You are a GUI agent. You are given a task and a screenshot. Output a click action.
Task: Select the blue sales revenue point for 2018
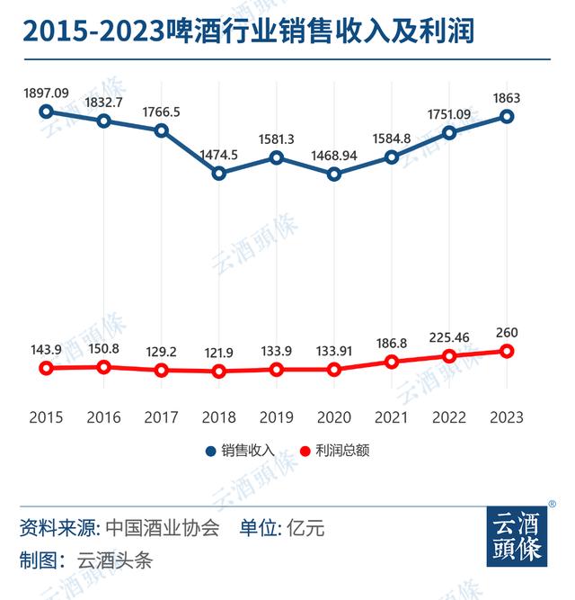click(219, 173)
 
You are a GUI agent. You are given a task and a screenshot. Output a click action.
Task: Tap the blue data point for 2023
click(507, 116)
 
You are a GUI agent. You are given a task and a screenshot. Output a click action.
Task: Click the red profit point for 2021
click(392, 362)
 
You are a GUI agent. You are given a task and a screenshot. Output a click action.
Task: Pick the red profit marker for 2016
click(104, 366)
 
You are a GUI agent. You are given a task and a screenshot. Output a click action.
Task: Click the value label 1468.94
click(334, 155)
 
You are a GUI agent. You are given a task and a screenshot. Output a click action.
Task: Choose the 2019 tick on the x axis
click(277, 417)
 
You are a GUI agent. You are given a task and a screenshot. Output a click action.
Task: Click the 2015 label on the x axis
click(47, 417)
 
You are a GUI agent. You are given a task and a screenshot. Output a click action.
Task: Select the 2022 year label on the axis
click(449, 417)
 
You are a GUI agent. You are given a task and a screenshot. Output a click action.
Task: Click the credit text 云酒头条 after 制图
click(114, 560)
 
